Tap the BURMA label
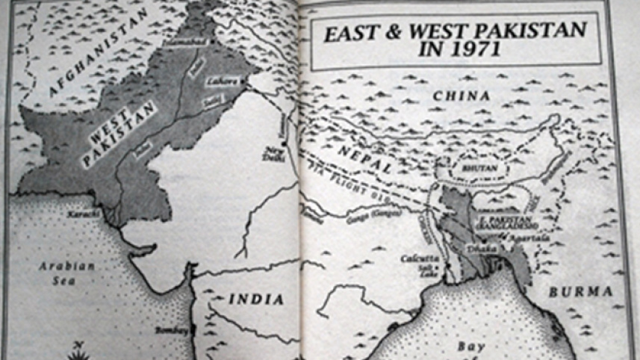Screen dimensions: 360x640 pyautogui.click(x=580, y=292)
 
